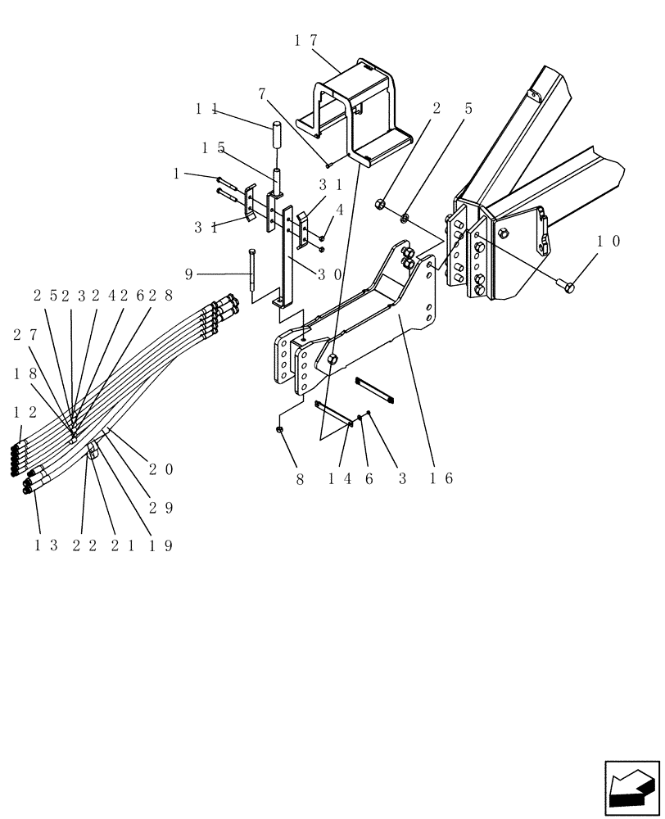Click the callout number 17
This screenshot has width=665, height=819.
click(305, 40)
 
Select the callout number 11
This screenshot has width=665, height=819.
click(205, 107)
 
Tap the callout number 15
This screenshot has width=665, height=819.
click(213, 147)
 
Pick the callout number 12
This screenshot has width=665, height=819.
click(25, 409)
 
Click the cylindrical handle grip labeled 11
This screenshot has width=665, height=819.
click(277, 131)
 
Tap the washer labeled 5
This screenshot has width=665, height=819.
click(405, 217)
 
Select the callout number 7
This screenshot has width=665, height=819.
click(262, 94)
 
